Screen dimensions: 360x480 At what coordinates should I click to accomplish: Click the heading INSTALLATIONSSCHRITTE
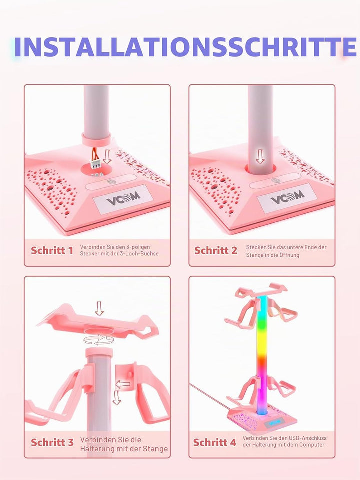click(x=185, y=47)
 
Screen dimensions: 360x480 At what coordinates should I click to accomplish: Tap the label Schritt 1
click(x=52, y=250)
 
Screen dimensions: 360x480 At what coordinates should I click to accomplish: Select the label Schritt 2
click(x=216, y=250)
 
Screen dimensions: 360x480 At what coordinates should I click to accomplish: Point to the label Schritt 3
click(x=52, y=442)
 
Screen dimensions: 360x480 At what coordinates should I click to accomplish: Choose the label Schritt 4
click(x=215, y=442)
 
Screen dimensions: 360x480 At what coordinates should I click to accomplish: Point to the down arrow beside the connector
click(x=107, y=156)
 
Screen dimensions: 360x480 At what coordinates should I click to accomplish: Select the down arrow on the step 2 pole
click(x=260, y=156)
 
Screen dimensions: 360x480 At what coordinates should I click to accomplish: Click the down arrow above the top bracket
click(x=99, y=308)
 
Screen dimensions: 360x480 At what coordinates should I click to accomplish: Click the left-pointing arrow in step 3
click(x=123, y=384)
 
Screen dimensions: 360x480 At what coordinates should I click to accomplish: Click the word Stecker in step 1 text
click(x=89, y=254)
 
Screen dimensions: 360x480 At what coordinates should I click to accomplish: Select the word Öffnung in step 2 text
click(x=289, y=255)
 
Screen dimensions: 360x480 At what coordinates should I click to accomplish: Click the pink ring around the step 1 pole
click(x=96, y=139)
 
